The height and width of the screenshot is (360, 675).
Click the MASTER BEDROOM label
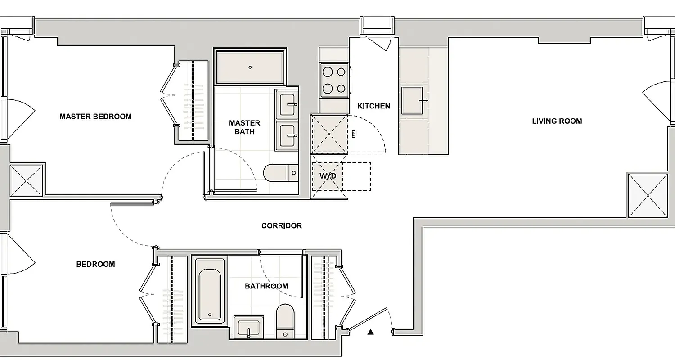coord(95,117)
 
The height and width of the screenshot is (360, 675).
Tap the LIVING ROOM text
coord(557,121)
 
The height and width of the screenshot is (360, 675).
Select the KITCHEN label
coord(373,106)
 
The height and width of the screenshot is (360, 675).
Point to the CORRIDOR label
coord(282,225)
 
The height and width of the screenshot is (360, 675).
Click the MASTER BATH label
coord(244,127)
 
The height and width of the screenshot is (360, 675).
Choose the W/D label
coord(328,176)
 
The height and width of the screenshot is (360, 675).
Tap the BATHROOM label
coord(266,286)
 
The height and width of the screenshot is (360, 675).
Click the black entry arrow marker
coord(370,333)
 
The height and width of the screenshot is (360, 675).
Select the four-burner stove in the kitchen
coord(334,80)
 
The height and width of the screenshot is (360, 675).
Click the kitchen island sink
coord(412,101)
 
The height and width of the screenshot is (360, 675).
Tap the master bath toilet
coord(280,172)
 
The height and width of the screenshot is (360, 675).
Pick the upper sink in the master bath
coord(286,104)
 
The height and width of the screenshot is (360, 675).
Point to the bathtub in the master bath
coord(250,67)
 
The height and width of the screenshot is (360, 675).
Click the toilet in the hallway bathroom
coord(284,321)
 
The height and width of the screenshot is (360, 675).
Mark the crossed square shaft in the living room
coord(647,195)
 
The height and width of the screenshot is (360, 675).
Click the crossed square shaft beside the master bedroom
coord(27,180)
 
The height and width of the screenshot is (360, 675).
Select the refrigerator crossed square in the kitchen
coord(329,134)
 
